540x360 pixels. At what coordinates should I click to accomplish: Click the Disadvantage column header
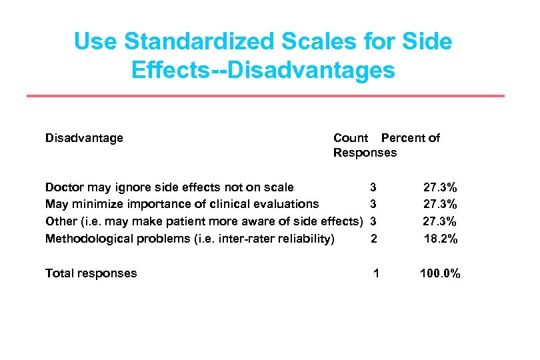(84, 138)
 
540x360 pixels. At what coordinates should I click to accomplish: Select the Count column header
(351, 138)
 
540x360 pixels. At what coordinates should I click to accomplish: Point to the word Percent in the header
(402, 138)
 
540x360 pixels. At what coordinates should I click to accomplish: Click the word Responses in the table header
(365, 153)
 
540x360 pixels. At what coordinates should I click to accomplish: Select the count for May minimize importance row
(373, 204)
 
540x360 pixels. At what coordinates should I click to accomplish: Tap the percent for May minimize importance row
(441, 204)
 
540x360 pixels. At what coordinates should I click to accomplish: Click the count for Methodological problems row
(373, 238)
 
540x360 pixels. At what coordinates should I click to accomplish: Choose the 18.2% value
(441, 238)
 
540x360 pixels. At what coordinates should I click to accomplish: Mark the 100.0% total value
(439, 273)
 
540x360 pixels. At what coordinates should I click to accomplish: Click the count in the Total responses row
(377, 273)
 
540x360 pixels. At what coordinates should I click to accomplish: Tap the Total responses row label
(91, 273)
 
